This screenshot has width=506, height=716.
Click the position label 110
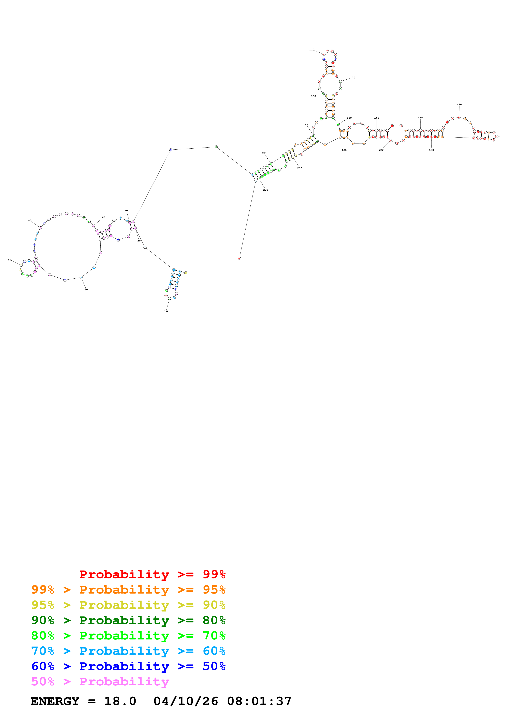pos(311,50)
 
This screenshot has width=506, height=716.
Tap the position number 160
pos(459,105)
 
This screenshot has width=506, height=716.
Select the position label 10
pos(166,311)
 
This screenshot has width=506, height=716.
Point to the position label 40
pos(9,259)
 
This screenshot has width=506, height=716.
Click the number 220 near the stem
pos(265,190)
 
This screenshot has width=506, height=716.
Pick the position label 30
pos(86,289)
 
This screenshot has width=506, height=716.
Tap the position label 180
pos(431,150)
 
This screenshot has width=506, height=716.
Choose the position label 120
pos(353,78)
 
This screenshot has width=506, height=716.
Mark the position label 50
pos(30,220)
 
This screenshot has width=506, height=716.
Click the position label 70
pos(126,210)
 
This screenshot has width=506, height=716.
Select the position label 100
pos(313,96)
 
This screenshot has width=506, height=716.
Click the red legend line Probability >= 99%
pos(152,574)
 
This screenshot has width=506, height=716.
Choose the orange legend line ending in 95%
pos(128,589)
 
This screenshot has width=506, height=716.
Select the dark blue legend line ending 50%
pos(128,666)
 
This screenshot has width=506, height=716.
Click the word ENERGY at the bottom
pos(55,701)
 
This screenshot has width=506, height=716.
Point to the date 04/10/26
pos(186,701)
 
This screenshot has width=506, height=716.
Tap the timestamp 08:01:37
pos(259,701)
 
